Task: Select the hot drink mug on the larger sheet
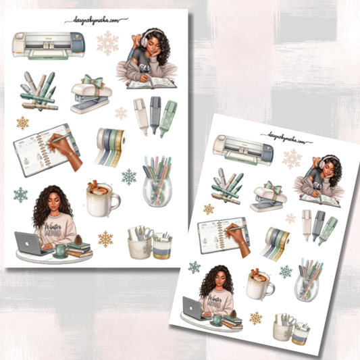(102, 199)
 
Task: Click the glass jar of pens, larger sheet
(157, 186)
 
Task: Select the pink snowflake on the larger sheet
(108, 43)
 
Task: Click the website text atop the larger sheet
(97, 21)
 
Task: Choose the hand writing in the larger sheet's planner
(65, 152)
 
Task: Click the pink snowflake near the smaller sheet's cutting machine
(292, 159)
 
